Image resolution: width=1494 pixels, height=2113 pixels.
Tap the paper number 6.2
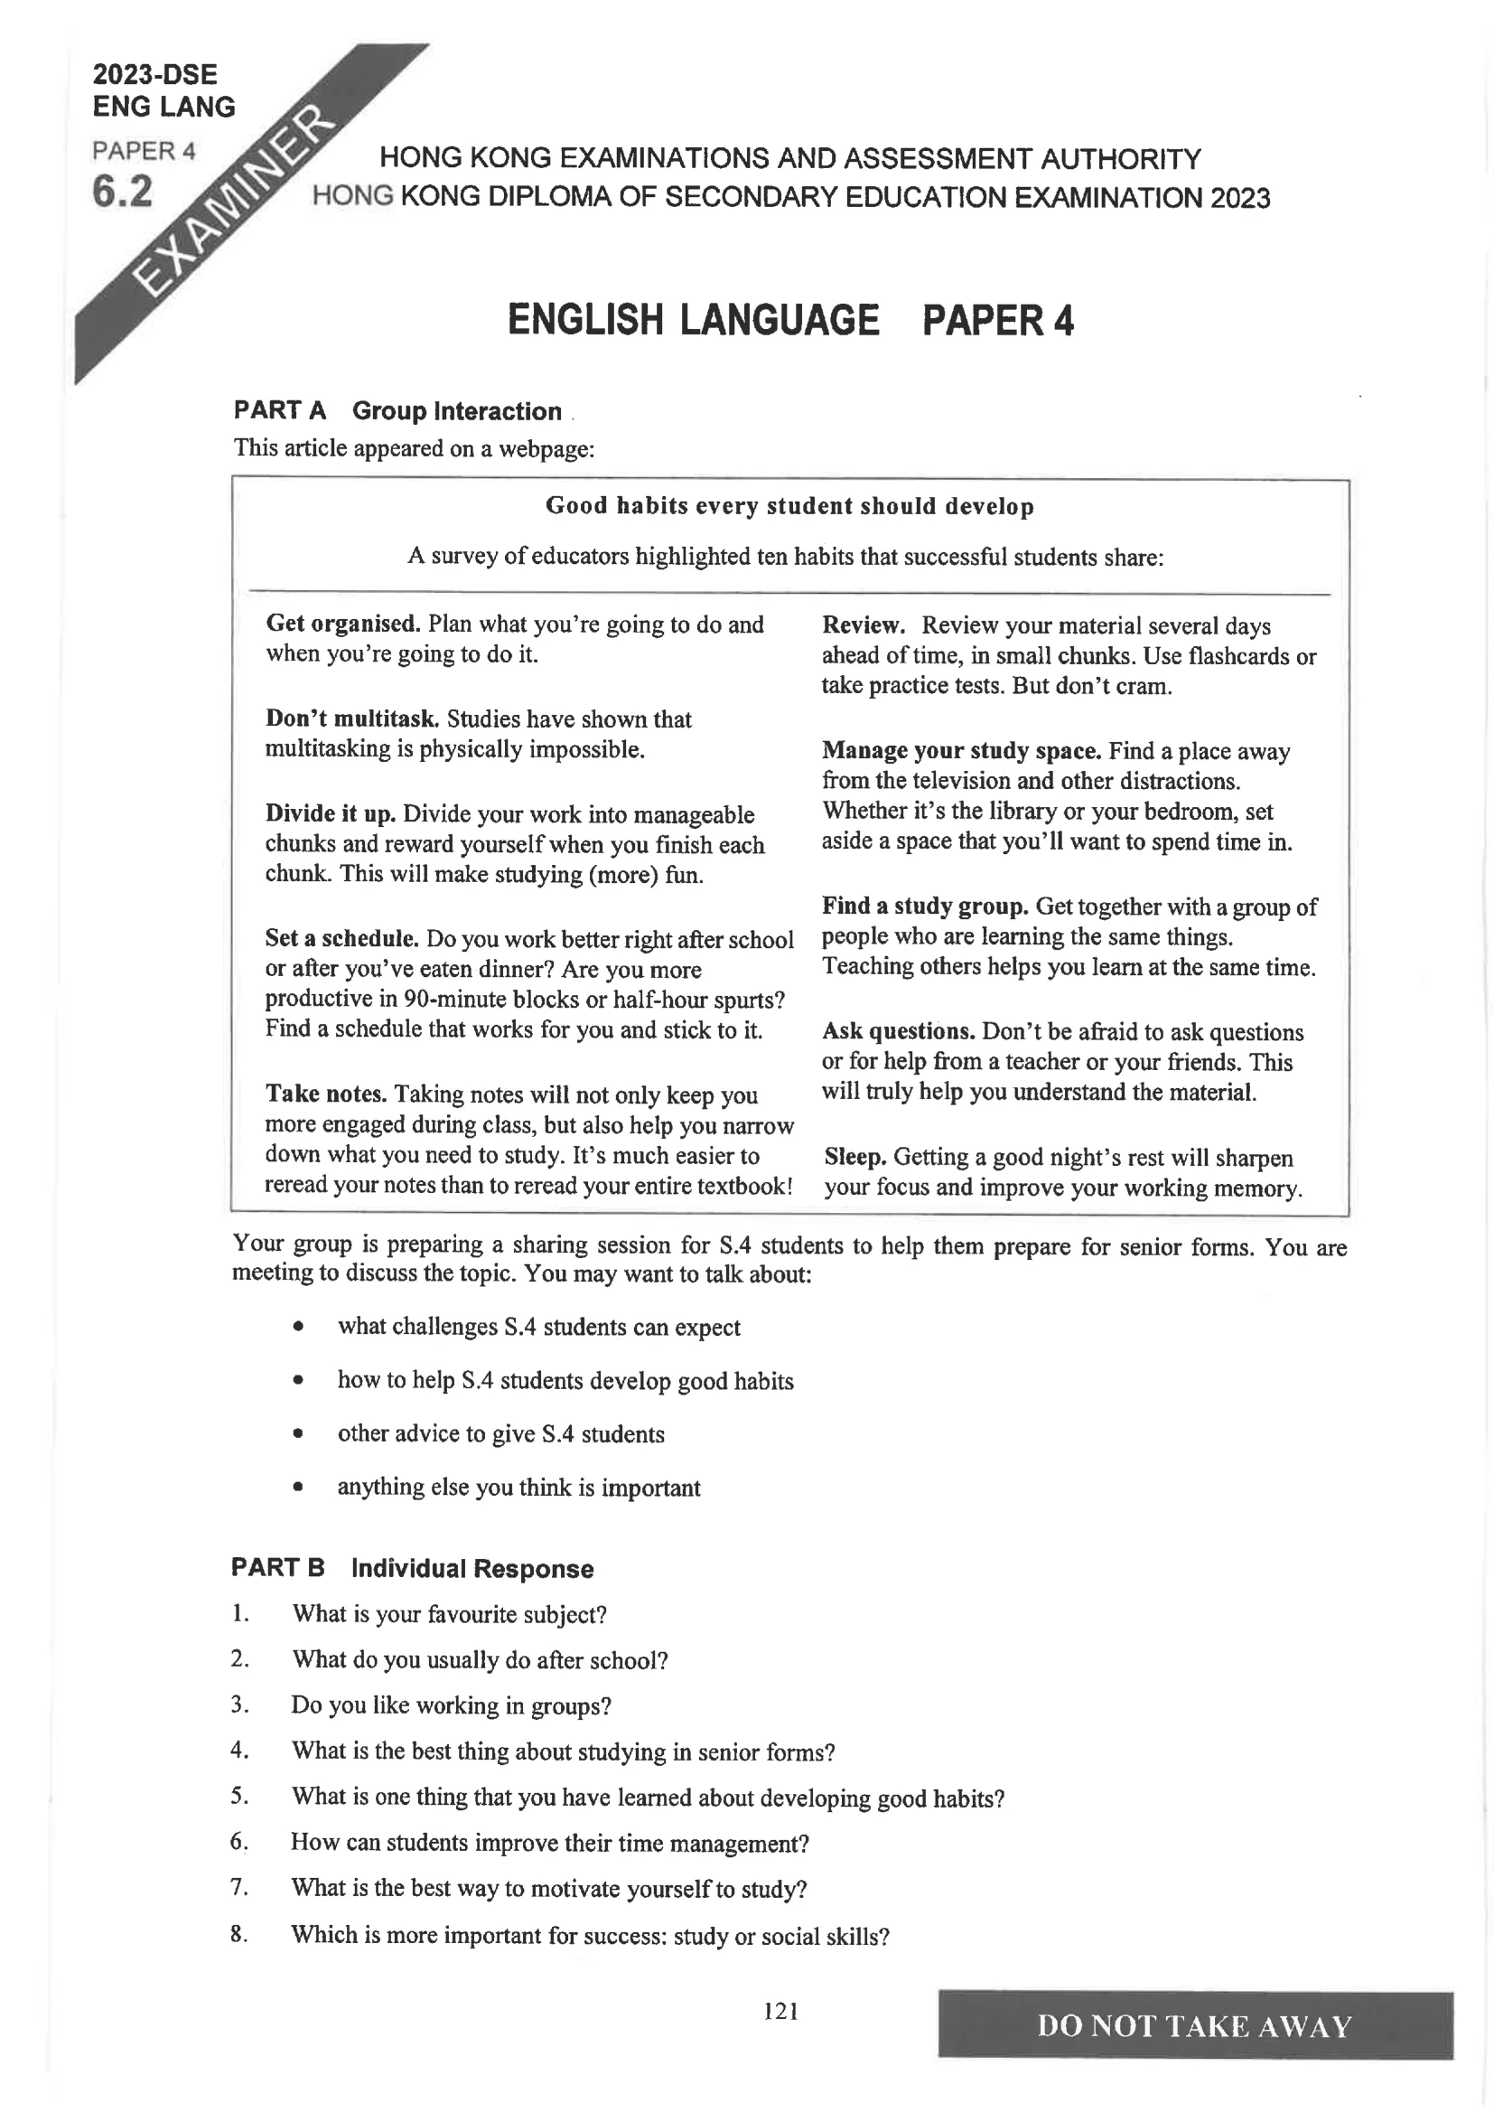click(x=122, y=193)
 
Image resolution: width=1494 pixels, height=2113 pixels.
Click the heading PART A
click(x=280, y=410)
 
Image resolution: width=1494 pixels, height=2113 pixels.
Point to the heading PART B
click(x=278, y=1567)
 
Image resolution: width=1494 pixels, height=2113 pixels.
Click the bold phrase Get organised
click(x=343, y=624)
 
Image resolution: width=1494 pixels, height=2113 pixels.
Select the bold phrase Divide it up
click(x=331, y=813)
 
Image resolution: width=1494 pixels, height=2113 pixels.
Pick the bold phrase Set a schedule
click(x=341, y=939)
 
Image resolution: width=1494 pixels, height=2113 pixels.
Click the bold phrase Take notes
click(x=326, y=1094)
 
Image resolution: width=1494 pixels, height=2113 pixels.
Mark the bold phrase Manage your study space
click(x=961, y=751)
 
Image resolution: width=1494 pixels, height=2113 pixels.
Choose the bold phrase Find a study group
click(x=925, y=906)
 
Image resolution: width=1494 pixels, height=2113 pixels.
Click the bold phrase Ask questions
click(x=898, y=1032)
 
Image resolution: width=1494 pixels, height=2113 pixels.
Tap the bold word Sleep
click(x=854, y=1157)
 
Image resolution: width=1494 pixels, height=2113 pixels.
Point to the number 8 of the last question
click(x=238, y=1933)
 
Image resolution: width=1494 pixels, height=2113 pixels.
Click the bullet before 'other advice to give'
click(x=297, y=1433)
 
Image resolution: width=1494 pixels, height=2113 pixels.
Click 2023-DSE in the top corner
click(x=154, y=74)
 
